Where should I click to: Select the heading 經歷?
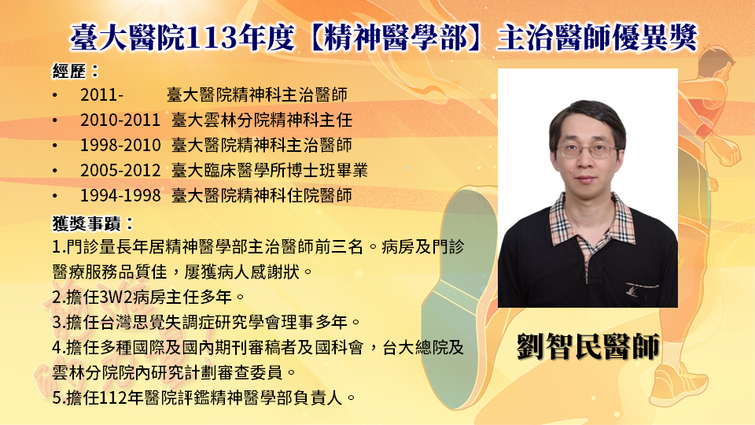69,72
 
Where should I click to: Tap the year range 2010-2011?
120,120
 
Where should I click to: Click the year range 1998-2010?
120,145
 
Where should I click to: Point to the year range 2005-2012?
120,170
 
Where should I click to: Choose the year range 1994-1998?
120,195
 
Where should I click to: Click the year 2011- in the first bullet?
101,95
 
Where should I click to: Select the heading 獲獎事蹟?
87,223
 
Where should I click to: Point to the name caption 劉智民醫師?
588,346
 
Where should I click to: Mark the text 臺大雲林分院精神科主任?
262,120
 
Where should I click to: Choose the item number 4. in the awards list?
59,348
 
